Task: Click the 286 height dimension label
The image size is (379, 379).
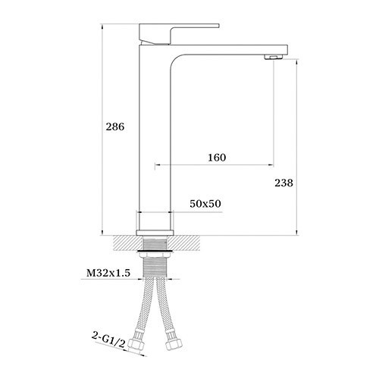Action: pos(115,127)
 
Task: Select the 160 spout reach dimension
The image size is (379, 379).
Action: pos(217,158)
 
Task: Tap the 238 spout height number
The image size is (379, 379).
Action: pos(284,183)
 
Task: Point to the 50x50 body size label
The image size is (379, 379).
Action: pos(205,204)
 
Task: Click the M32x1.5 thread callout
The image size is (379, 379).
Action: pos(108,273)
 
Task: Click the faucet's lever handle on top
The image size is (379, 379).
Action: pos(179,34)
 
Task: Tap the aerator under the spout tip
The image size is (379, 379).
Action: pos(273,58)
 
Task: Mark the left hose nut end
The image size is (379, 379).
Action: pos(136,344)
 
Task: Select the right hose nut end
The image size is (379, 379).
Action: pos(174,343)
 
